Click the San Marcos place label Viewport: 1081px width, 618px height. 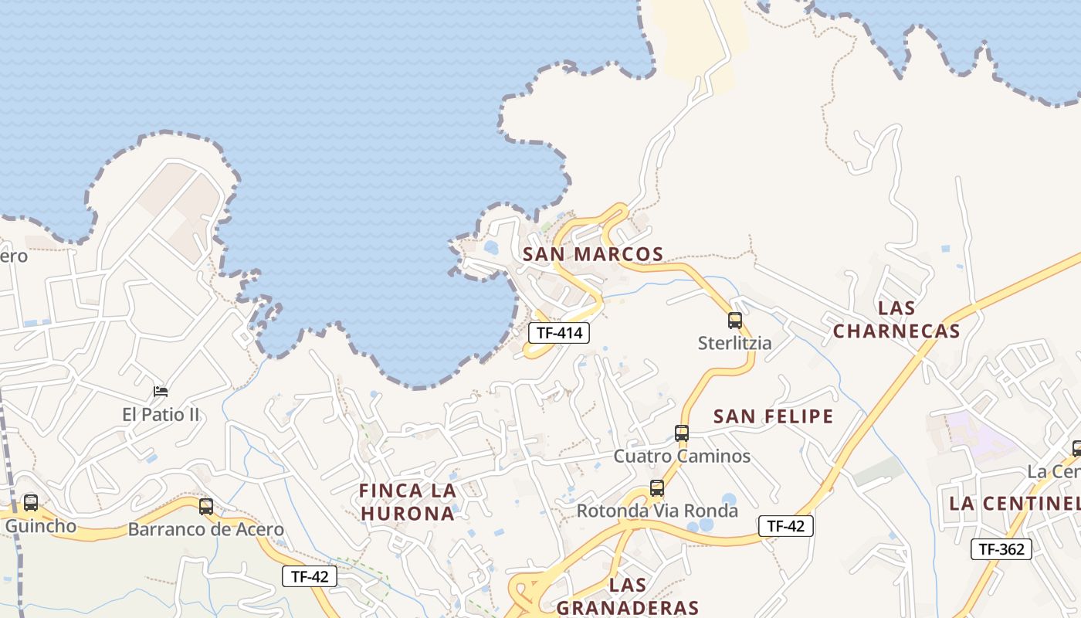593,254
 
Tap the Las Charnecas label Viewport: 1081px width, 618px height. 896,320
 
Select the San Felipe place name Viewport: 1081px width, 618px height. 774,417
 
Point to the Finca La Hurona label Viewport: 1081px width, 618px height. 407,502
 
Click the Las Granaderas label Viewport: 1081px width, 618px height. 627,596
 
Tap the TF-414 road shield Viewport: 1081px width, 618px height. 559,333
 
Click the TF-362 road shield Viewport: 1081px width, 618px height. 1001,549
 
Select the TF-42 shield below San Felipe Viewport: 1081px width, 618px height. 786,526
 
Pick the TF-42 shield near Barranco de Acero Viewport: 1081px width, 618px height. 310,576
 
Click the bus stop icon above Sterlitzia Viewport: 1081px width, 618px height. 735,320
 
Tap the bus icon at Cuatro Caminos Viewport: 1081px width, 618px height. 682,433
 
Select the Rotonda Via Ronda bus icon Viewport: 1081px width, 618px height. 657,488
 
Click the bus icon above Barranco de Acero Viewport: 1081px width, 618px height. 206,507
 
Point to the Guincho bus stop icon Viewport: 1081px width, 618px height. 31,503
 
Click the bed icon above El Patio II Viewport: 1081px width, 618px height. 161,392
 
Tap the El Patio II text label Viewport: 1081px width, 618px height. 161,415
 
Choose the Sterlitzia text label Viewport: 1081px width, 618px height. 734,343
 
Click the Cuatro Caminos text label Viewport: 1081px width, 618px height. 682,457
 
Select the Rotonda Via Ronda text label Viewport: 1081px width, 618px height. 657,511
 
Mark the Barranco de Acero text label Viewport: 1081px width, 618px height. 206,530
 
